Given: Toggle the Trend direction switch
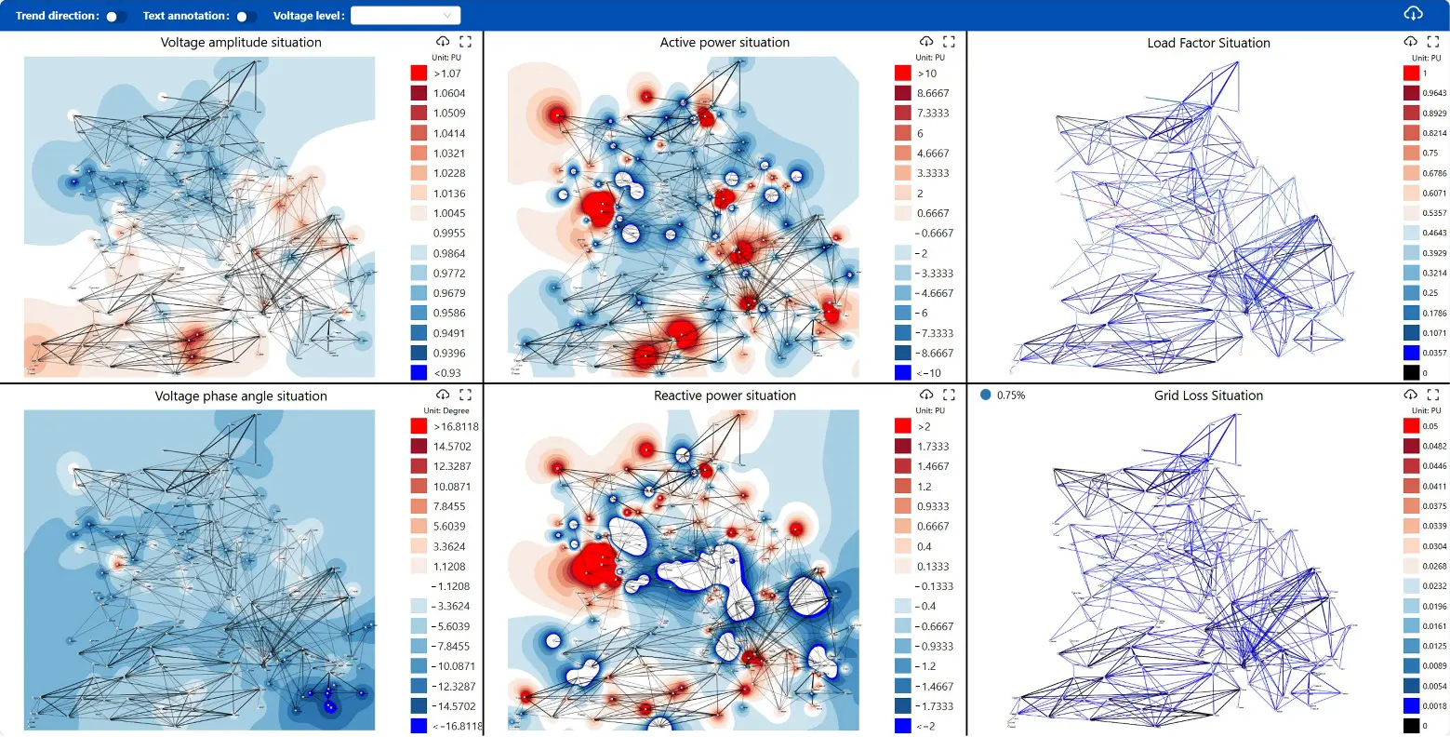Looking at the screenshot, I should [116, 16].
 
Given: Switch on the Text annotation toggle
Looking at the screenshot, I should [246, 16].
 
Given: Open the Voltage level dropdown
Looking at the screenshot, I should [405, 16].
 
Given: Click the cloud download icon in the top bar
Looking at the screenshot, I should [1413, 13].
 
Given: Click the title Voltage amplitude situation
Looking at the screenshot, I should [241, 43].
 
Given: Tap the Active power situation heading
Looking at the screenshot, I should [725, 43].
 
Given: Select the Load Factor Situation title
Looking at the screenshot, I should [1208, 43].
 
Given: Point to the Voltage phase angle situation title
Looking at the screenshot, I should [241, 396].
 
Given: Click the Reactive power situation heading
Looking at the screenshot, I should [725, 395].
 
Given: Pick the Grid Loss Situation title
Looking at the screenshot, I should [1208, 395].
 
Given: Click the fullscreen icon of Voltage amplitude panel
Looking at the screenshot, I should [465, 42].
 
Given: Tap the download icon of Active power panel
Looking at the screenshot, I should [926, 42].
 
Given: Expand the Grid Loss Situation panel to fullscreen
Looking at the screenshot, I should [1432, 395].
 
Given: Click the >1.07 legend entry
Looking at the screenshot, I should [447, 74].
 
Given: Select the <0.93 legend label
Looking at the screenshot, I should [447, 373].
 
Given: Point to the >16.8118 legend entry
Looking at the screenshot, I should [456, 427].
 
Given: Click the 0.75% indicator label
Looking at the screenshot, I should [1010, 395].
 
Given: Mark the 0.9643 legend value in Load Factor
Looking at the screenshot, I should [1434, 93].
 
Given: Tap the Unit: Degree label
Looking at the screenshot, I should [446, 410].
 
